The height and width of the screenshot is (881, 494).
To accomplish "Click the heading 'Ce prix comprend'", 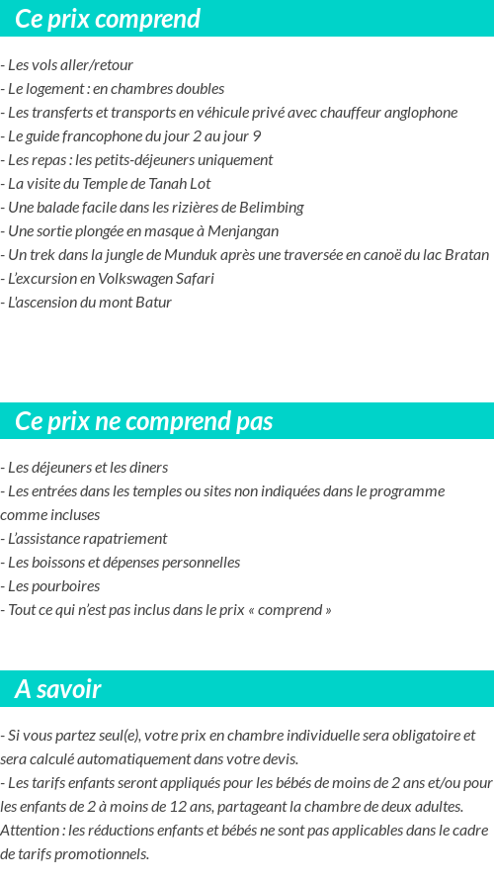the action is pos(108,19).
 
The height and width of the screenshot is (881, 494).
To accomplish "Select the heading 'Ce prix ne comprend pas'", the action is pos(143,421).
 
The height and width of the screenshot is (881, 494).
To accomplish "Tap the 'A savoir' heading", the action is pos(58,689).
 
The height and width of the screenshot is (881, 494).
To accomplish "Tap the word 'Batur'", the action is pos(152,303).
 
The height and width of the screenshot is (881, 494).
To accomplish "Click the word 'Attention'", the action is pos(30,831).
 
